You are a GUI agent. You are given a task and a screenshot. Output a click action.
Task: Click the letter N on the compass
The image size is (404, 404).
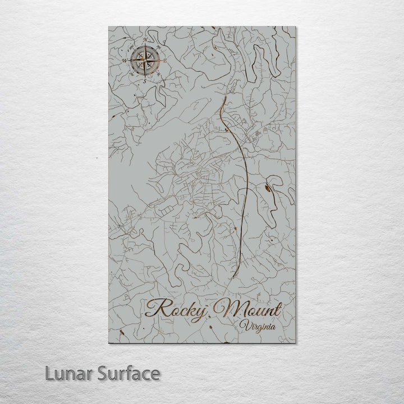[145, 39]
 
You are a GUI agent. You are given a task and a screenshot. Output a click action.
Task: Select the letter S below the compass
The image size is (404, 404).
[144, 80]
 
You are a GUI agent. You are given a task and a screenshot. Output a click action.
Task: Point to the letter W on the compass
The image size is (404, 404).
[124, 59]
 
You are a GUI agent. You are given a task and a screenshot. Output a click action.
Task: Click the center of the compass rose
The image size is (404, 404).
[145, 59]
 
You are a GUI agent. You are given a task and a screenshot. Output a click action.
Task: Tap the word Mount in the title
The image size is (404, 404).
[253, 309]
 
